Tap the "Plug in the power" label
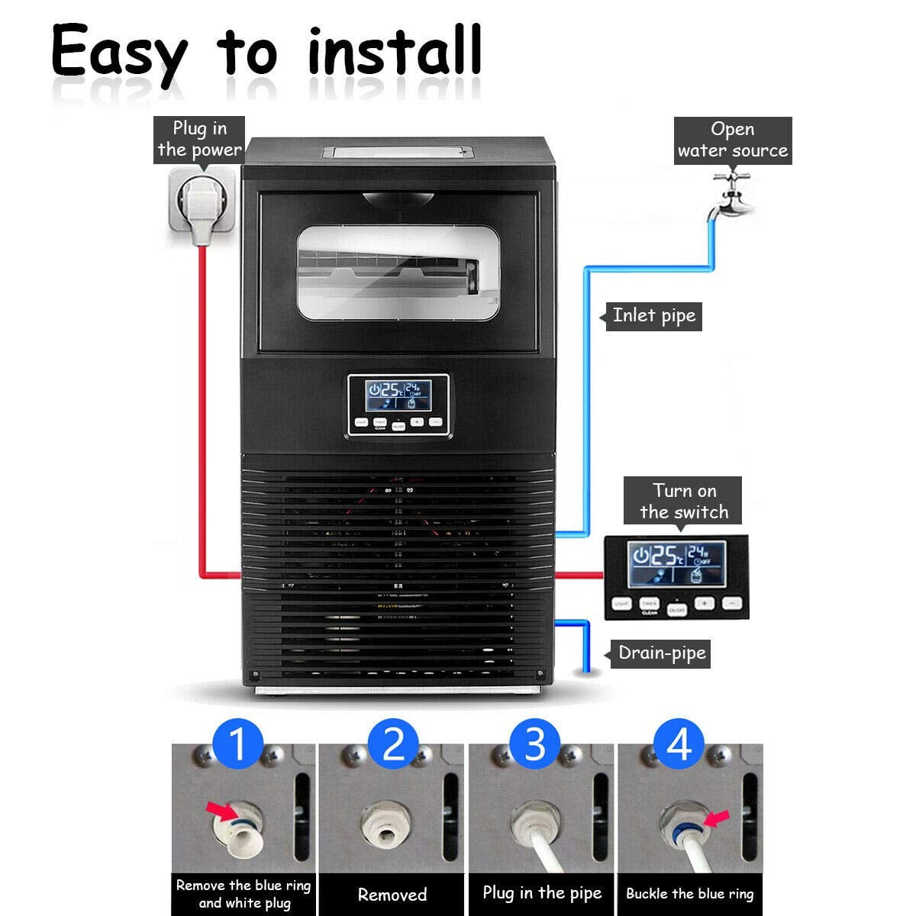199,139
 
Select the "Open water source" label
732,140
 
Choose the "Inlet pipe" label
653,316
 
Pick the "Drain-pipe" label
661,653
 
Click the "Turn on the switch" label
684,502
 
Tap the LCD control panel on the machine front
398,405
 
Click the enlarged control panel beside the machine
676,576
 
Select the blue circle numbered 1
238,743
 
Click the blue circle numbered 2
393,743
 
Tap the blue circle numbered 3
535,743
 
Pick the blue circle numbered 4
679,743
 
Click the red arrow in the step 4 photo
716,818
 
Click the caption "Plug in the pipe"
542,893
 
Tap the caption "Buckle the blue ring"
689,894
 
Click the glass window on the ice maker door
398,273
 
